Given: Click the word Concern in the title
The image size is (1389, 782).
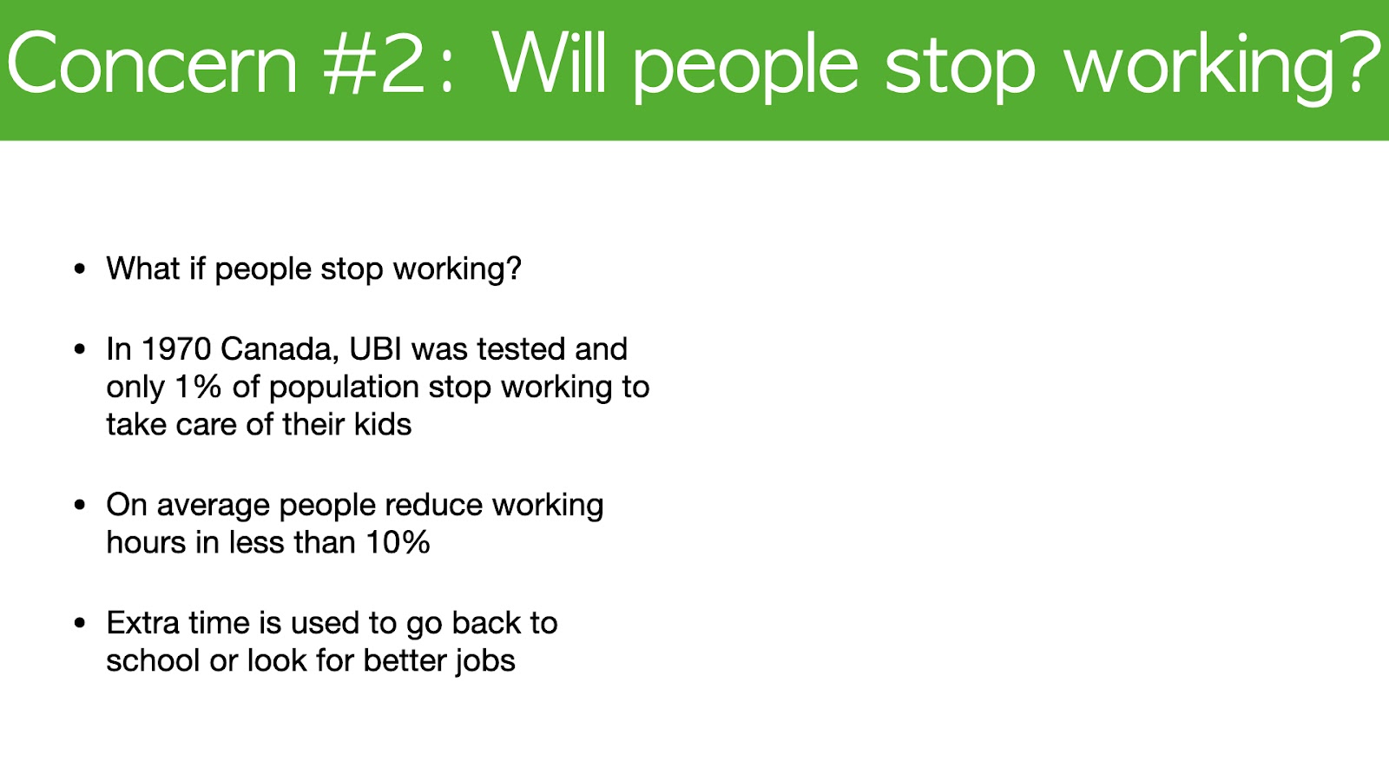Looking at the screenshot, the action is pyautogui.click(x=153, y=64).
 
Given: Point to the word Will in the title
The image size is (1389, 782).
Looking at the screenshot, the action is pyautogui.click(x=550, y=62).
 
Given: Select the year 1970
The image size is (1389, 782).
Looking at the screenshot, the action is pyautogui.click(x=176, y=348).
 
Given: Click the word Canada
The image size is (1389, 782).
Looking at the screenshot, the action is pyautogui.click(x=280, y=350).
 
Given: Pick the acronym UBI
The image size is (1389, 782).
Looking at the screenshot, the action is pyautogui.click(x=376, y=348).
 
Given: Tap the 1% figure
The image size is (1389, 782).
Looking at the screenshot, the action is pyautogui.click(x=199, y=387).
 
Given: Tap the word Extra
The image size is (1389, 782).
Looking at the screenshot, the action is pyautogui.click(x=142, y=622).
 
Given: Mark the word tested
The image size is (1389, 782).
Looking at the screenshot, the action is pyautogui.click(x=521, y=348).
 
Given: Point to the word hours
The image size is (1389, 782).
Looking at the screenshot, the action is pyautogui.click(x=147, y=542).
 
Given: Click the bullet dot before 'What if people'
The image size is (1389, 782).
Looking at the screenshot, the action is pyautogui.click(x=79, y=269).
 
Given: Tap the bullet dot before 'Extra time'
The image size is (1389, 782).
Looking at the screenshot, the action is pyautogui.click(x=79, y=623).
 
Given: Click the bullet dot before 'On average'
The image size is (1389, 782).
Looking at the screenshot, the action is pyautogui.click(x=79, y=505).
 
